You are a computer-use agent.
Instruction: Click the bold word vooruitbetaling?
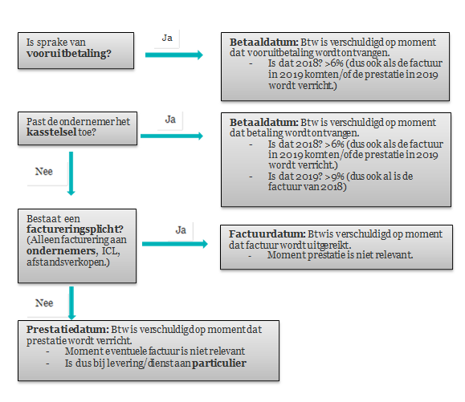[x=69, y=54]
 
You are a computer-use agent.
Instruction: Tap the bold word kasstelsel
[x=51, y=132]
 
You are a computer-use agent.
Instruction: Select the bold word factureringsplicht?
[x=75, y=229]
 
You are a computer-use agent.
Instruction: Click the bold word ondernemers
[x=61, y=251]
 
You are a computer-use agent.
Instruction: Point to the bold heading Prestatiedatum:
[x=67, y=330]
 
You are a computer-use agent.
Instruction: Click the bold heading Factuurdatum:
[x=267, y=234]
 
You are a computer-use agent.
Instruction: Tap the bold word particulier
[x=219, y=363]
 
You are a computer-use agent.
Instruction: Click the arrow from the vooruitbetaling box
[x=174, y=55]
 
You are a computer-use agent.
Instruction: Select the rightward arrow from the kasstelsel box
[x=172, y=136]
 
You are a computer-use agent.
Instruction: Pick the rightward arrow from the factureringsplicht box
[x=175, y=244]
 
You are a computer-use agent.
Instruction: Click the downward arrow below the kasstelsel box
[x=71, y=173]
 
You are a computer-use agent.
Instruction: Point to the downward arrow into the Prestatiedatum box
[x=71, y=303]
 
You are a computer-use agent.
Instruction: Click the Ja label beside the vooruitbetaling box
[x=167, y=38]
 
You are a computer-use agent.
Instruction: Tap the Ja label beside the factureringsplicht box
[x=181, y=229]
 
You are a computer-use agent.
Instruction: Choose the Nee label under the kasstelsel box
[x=44, y=171]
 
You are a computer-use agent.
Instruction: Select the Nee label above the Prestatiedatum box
[x=44, y=303]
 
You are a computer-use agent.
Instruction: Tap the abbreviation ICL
[x=111, y=251]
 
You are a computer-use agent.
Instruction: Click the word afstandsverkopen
[x=67, y=262]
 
